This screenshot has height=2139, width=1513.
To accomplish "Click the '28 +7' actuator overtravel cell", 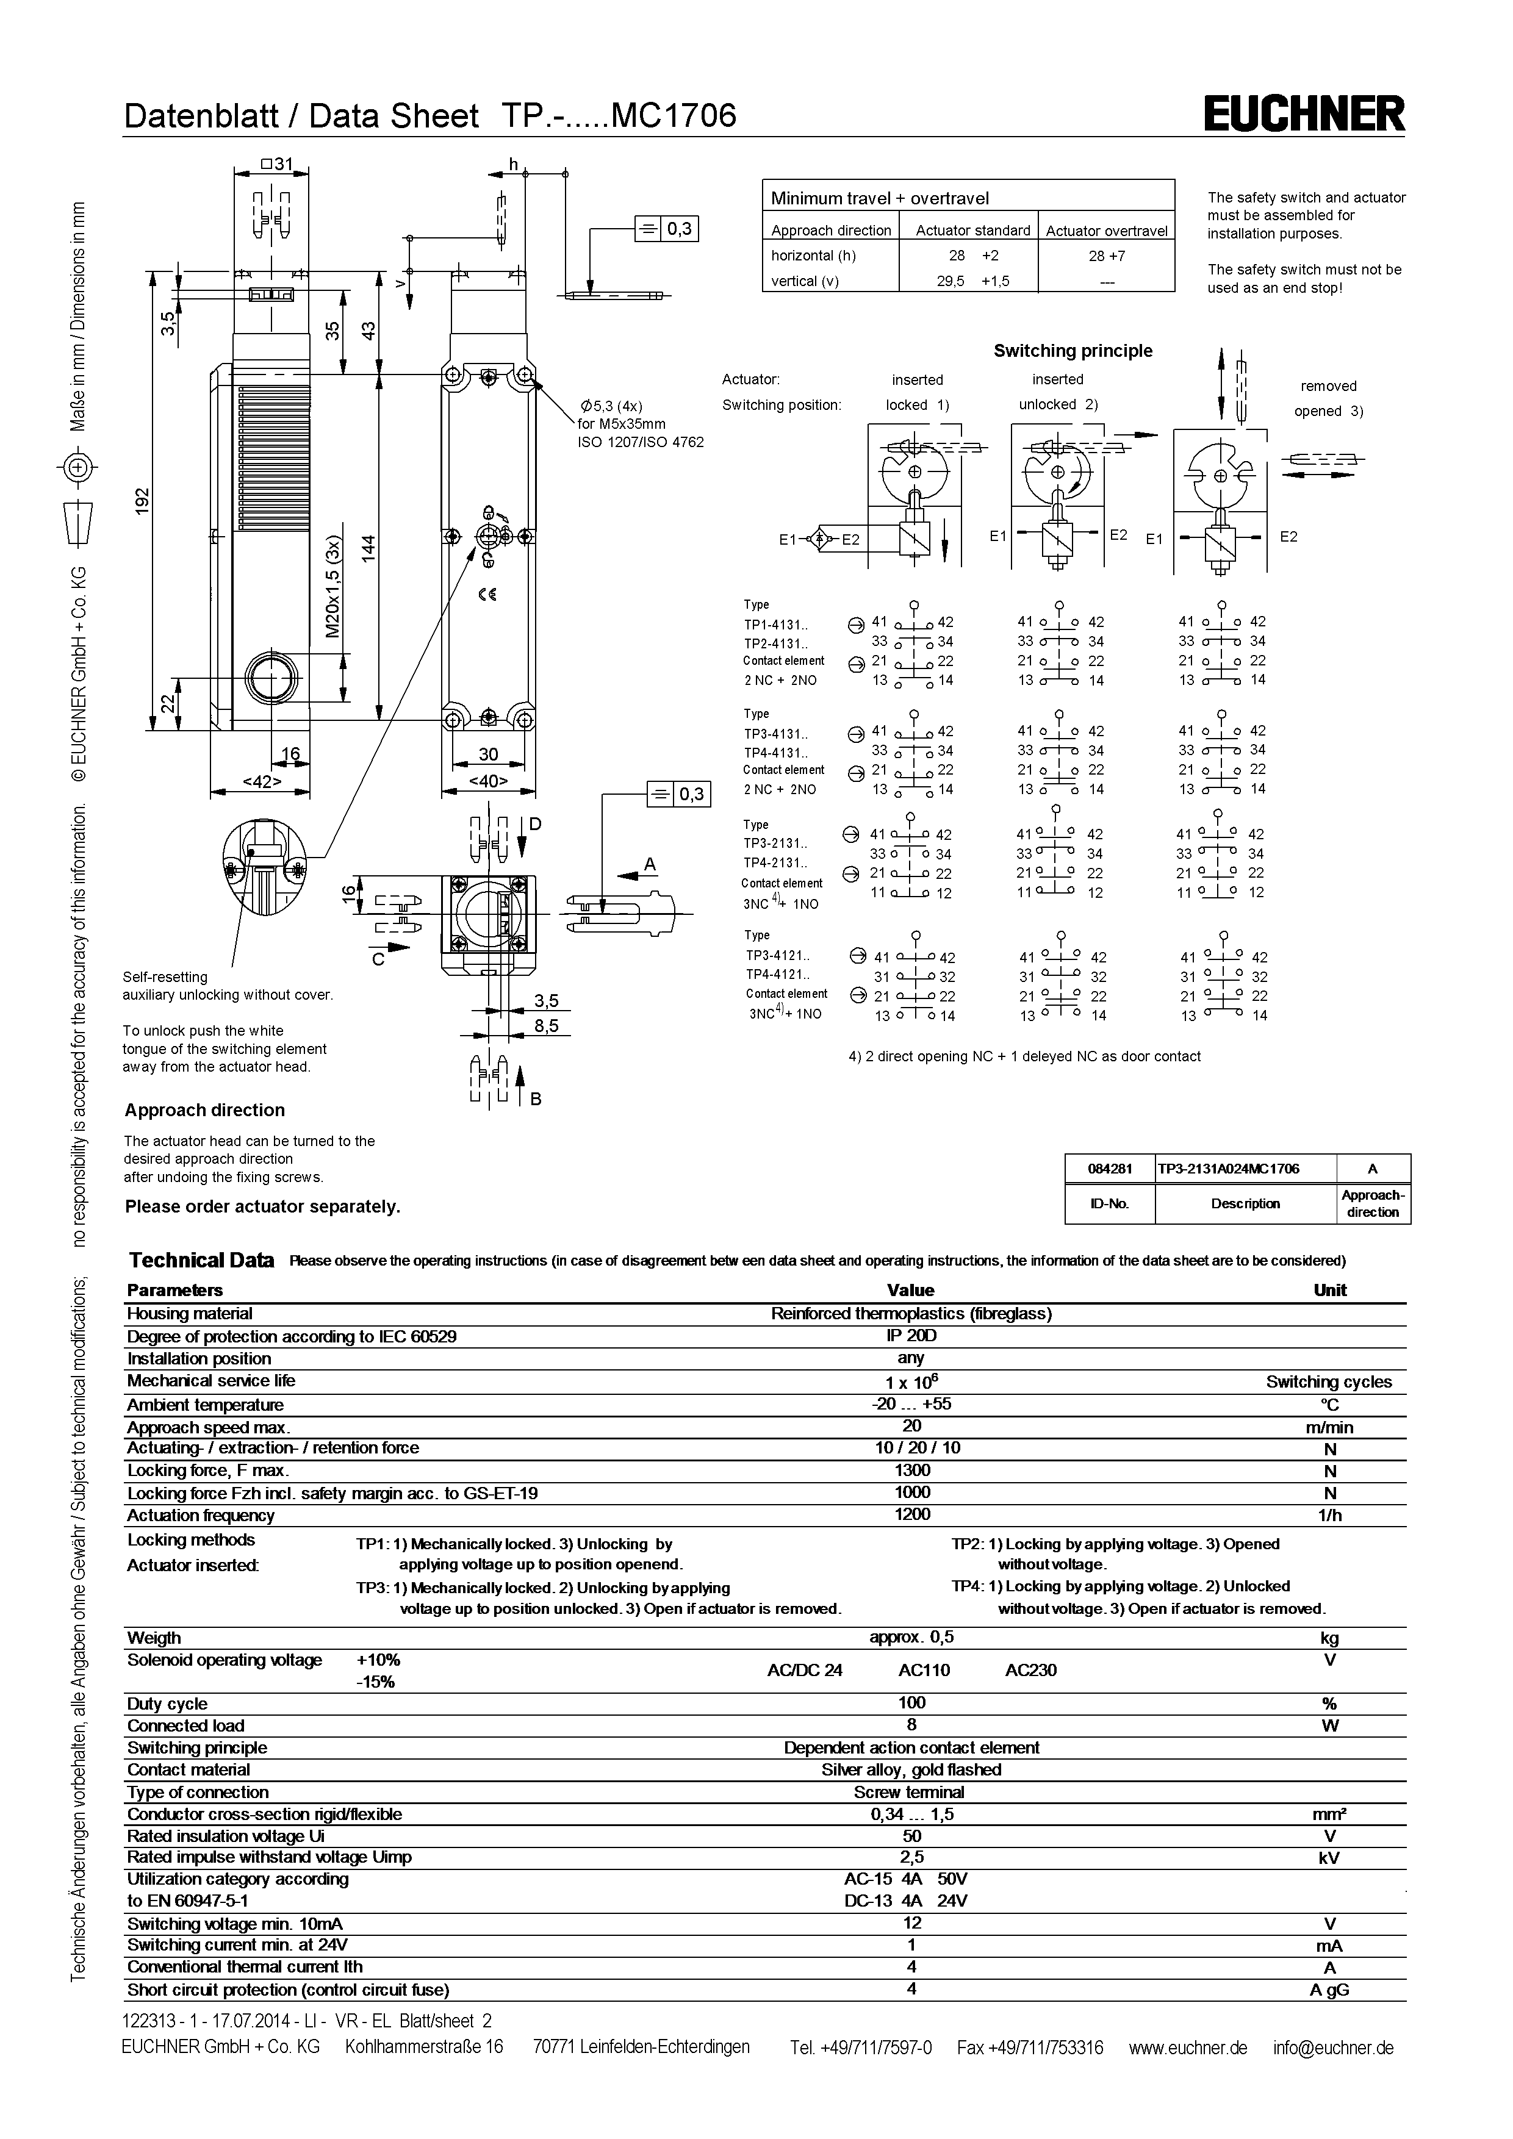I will tap(1106, 256).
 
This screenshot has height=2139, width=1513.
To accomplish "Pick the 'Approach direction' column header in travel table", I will tap(831, 230).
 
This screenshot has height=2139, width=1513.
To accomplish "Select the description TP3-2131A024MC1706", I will tap(1245, 1168).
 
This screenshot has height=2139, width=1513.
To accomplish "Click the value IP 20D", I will tap(910, 1335).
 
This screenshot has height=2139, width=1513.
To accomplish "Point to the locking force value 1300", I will tap(911, 1469).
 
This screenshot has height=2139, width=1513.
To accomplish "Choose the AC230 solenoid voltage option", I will tap(1030, 1669).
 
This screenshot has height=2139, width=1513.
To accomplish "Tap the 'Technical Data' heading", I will tap(201, 1261).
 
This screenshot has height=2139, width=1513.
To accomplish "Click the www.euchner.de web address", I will tap(1187, 2047).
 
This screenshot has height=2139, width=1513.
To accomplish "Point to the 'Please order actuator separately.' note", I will tap(263, 1206).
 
